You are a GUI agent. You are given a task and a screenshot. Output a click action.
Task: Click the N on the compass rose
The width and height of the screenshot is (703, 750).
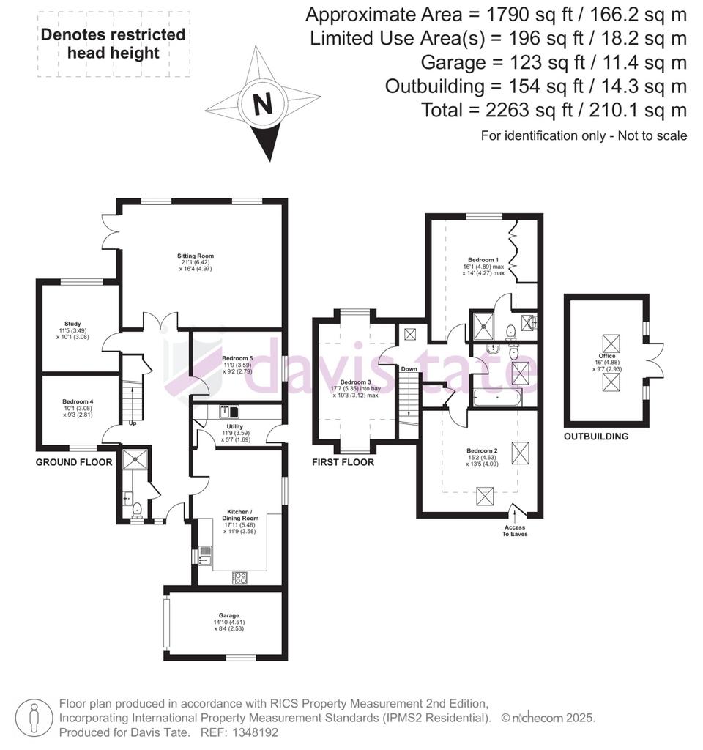pyautogui.click(x=263, y=104)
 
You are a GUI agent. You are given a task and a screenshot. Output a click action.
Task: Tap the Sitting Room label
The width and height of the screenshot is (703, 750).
pyautogui.click(x=195, y=256)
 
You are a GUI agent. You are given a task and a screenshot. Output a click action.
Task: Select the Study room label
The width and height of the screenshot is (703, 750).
pyautogui.click(x=72, y=324)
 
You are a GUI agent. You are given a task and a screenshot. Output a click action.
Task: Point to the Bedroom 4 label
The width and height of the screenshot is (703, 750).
pyautogui.click(x=78, y=401)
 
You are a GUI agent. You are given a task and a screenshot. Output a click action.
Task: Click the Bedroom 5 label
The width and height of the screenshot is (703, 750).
pyautogui.click(x=237, y=358)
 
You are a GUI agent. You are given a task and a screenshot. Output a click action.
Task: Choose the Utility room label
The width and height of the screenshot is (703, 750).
pyautogui.click(x=235, y=426)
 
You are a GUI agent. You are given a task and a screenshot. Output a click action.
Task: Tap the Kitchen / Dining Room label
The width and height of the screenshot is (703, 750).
pyautogui.click(x=240, y=515)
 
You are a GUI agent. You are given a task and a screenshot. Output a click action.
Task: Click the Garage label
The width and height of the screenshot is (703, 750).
pyautogui.click(x=228, y=615)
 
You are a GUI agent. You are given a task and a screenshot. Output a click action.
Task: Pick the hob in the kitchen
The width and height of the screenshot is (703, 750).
pyautogui.click(x=240, y=578)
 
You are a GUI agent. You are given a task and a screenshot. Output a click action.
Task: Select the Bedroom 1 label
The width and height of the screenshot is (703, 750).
pyautogui.click(x=483, y=260)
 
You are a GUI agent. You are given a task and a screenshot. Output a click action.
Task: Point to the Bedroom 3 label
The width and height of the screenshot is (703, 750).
pyautogui.click(x=355, y=382)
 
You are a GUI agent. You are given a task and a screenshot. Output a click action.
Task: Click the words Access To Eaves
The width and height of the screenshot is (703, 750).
pyautogui.click(x=515, y=530)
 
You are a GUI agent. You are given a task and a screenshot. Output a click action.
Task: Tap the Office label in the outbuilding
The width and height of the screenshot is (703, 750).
pyautogui.click(x=607, y=356)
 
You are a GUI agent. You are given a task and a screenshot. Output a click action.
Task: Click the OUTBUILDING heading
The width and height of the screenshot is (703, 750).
pyautogui.click(x=596, y=437)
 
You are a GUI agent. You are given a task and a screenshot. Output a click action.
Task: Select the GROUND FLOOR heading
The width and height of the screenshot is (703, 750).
pyautogui.click(x=74, y=462)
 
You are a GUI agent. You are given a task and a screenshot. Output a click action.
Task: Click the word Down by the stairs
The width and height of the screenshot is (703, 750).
pyautogui.click(x=409, y=369)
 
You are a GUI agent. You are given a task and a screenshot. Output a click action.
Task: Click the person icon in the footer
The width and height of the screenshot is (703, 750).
pyautogui.click(x=34, y=718)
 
